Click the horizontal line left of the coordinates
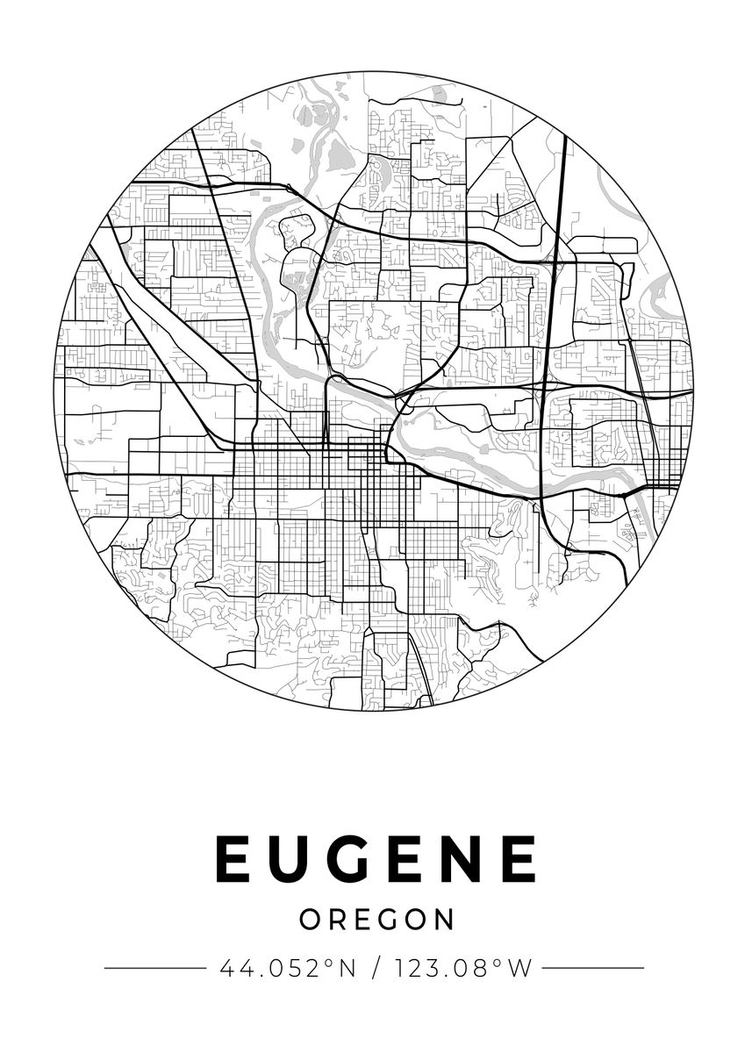click(154, 969)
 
